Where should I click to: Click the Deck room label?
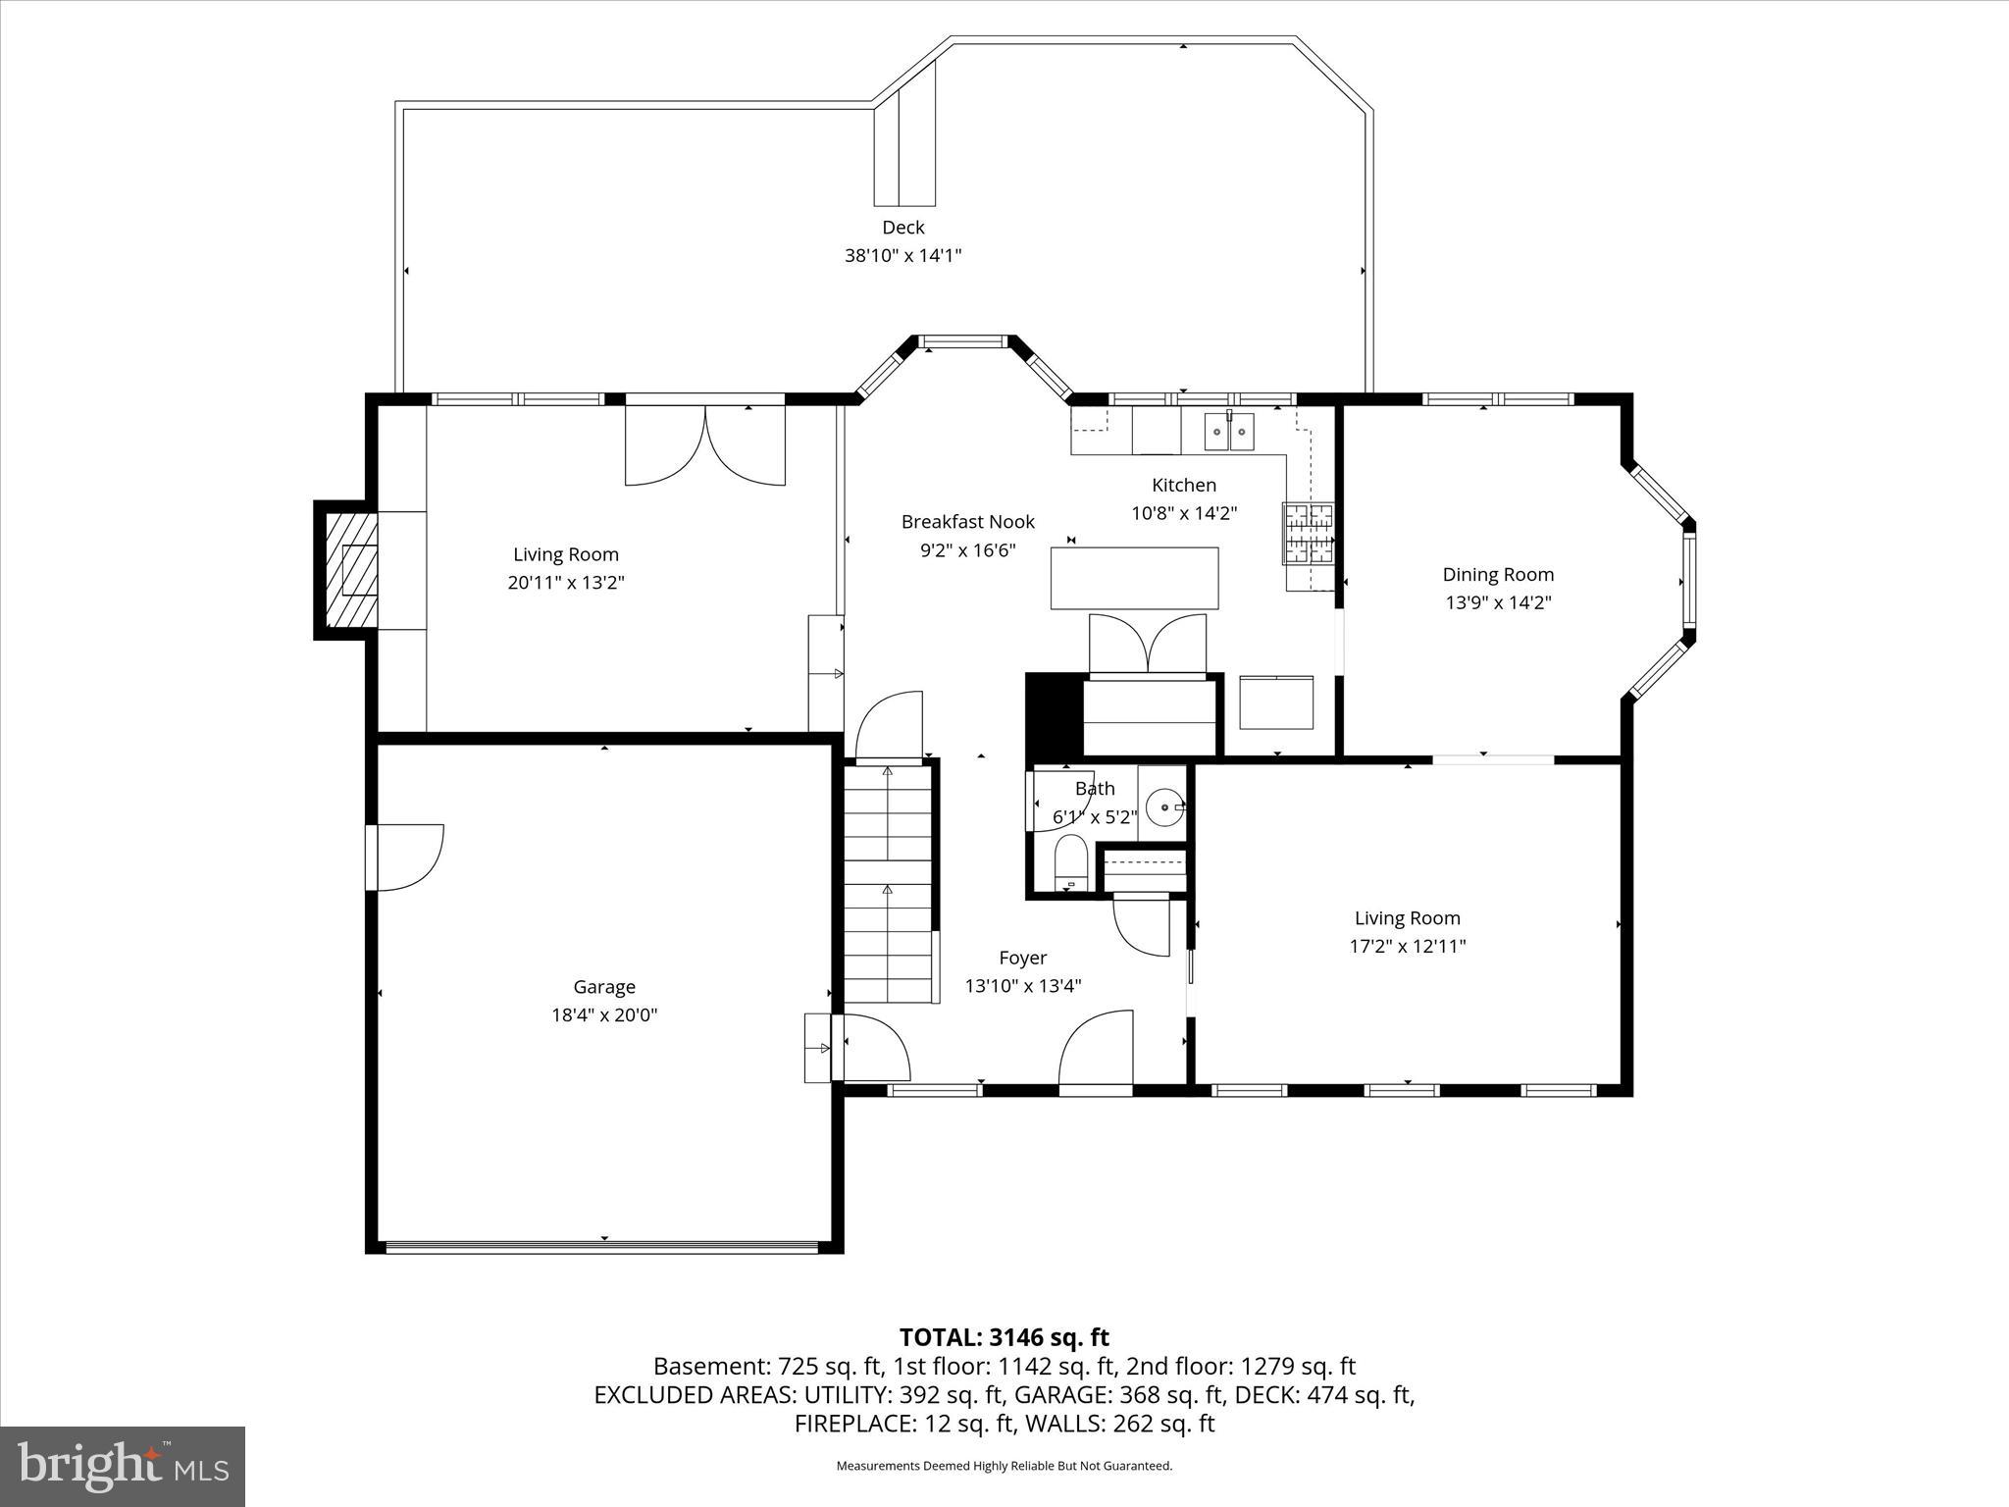(902, 228)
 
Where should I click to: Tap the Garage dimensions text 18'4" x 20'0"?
(604, 1014)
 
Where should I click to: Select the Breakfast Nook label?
(967, 522)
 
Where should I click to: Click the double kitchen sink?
(1229, 432)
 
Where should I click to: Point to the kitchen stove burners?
(1309, 534)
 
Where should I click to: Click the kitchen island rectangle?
(1134, 579)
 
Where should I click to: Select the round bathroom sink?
(1165, 808)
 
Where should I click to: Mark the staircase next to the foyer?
(888, 883)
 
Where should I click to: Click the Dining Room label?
(1497, 575)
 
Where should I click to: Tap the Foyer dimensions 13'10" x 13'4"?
(1022, 986)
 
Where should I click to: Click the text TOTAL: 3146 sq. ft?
(1004, 1337)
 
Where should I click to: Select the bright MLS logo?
(123, 1466)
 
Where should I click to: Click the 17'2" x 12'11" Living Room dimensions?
(1407, 946)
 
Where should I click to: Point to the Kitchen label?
(1183, 485)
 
